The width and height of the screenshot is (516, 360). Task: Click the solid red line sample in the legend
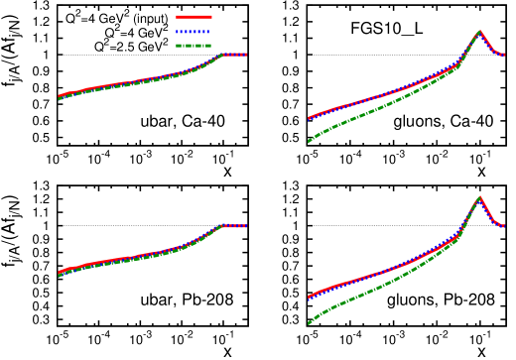point(193,17)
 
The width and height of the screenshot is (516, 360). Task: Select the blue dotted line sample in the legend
point(193,32)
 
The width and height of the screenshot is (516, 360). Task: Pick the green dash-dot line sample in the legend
point(193,46)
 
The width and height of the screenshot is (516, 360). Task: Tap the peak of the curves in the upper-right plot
point(479,32)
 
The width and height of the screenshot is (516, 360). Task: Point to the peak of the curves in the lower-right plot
point(479,197)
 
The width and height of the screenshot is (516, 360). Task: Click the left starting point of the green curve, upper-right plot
point(309,142)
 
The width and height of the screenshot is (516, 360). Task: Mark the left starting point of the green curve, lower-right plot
point(309,322)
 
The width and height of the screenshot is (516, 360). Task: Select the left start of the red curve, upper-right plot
point(309,119)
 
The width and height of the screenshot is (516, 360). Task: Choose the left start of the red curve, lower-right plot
point(309,297)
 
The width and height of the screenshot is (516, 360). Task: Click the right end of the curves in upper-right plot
point(504,56)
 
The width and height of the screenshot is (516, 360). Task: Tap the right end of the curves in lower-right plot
point(504,226)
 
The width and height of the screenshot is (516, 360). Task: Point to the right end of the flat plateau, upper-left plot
point(246,55)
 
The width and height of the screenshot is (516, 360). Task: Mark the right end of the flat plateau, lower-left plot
point(246,226)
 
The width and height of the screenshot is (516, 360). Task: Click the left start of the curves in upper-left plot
point(59,97)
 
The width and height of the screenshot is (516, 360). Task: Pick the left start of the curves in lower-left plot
point(59,273)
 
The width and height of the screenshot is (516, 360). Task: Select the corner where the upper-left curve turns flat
point(222,55)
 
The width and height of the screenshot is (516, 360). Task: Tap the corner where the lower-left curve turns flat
point(221,226)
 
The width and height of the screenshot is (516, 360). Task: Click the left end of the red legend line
point(177,17)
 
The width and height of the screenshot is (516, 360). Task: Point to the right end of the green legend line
point(210,46)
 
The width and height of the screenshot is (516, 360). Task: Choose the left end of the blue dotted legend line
point(177,32)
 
